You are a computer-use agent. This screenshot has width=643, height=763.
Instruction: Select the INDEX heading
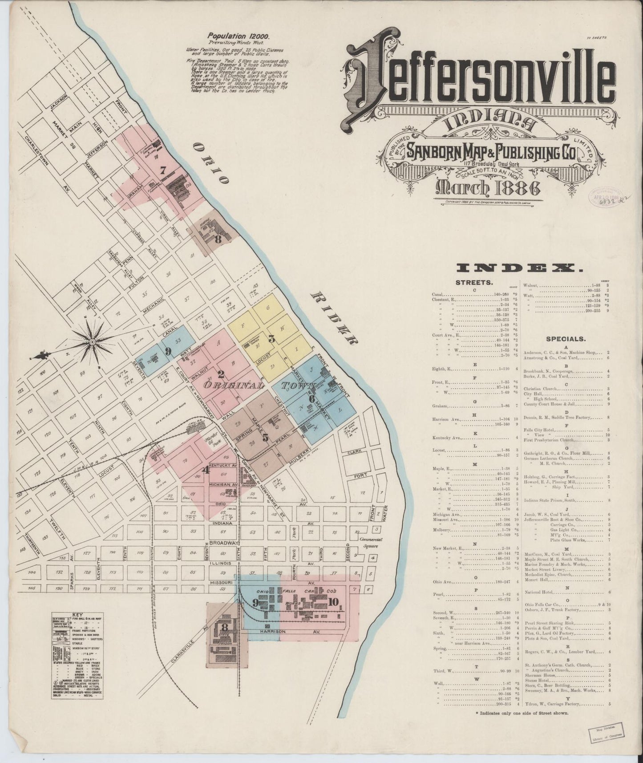click(521, 268)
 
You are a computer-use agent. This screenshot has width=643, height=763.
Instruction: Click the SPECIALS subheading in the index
click(566, 338)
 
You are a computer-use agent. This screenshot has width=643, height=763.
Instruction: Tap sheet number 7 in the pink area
click(163, 170)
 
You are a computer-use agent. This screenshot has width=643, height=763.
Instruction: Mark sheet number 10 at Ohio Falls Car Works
click(334, 602)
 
